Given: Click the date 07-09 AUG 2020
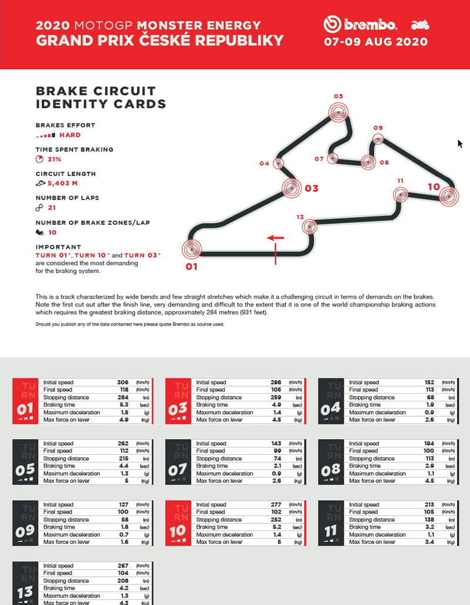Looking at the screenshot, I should tap(375, 42).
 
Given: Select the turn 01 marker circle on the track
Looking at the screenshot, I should tap(191, 249).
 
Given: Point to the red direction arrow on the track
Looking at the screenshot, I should tap(275, 238).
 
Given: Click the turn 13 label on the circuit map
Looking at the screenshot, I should tap(300, 218).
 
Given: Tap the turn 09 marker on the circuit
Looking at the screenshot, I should tap(378, 139).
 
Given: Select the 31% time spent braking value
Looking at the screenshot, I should tap(55, 159).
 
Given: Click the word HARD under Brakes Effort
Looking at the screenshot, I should tap(70, 135).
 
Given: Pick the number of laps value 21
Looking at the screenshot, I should tap(52, 208).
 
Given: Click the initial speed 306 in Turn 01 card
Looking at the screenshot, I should tap(122, 382).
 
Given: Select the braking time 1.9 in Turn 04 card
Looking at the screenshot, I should tap(429, 405).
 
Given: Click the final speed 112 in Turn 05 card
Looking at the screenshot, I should tap(122, 451).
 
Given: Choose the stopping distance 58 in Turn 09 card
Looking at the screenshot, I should tap(124, 520).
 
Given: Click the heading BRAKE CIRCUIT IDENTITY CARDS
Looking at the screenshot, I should tap(100, 97).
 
